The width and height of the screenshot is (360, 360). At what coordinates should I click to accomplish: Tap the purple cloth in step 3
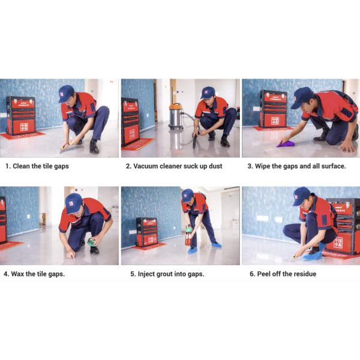pos(284,143)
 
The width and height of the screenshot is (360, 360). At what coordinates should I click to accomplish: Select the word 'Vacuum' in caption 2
pos(147,166)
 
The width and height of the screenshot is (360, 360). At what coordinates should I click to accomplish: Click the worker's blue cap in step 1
pos(65,92)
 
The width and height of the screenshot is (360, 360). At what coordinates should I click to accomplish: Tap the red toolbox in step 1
pos(20,115)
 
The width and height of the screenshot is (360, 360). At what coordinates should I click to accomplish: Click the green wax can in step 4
pos(91,242)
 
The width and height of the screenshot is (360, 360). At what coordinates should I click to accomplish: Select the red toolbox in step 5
pos(146,232)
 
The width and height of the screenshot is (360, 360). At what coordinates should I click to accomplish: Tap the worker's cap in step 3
pos(302,97)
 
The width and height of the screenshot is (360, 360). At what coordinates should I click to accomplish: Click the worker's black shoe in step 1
pos(94,146)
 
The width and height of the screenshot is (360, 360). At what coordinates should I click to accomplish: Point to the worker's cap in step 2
pos(208,92)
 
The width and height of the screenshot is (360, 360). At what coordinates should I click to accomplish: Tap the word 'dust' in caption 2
pos(223,166)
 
